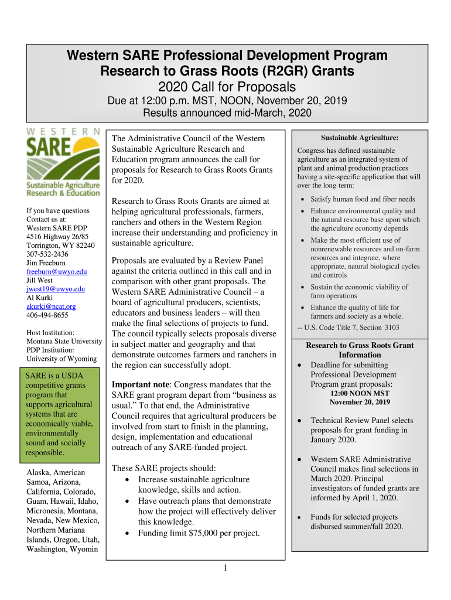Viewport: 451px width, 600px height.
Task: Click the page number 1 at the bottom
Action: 225,568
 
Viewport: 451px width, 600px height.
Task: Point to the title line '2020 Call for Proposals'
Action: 227,87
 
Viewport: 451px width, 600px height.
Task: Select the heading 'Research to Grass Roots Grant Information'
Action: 360,350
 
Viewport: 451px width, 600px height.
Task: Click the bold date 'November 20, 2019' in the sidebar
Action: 360,402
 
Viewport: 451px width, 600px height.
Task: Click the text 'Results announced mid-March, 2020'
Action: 227,112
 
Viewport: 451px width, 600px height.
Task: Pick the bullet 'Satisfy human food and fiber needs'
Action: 363,199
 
